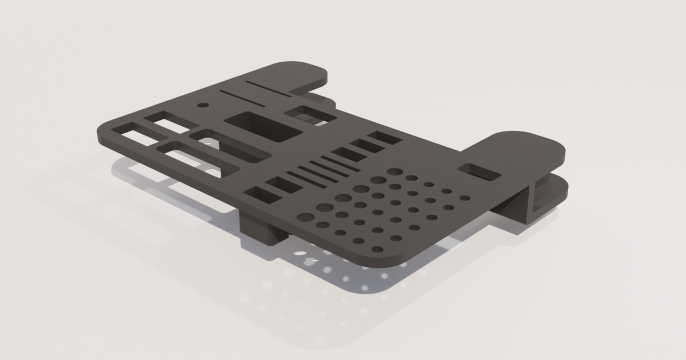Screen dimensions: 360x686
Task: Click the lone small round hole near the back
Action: (202, 106)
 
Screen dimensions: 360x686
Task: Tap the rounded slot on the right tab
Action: (480, 171)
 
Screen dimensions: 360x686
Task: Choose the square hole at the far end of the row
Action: (386, 138)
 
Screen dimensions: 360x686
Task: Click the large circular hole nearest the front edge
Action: (306, 218)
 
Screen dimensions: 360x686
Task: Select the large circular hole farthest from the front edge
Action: (394, 171)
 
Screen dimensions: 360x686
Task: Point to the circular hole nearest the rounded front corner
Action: (378, 250)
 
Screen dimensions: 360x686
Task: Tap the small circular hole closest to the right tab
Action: (465, 198)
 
